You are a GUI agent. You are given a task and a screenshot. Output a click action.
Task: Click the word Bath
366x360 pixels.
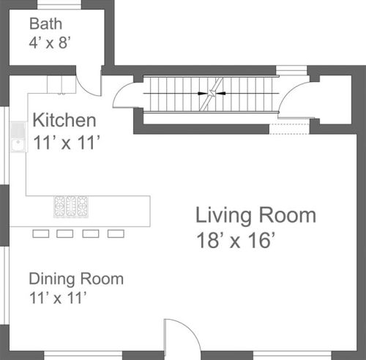pyautogui.click(x=45, y=24)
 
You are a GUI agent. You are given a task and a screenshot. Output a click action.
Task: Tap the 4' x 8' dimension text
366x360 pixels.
pyautogui.click(x=50, y=42)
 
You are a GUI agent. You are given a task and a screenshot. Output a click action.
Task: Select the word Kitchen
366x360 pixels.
pyautogui.click(x=64, y=120)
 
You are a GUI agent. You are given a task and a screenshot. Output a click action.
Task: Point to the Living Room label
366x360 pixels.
pyautogui.click(x=255, y=216)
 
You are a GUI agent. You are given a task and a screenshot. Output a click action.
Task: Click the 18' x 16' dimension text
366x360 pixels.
pyautogui.click(x=236, y=241)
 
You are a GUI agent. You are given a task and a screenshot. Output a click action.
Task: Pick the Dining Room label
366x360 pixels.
pyautogui.click(x=76, y=279)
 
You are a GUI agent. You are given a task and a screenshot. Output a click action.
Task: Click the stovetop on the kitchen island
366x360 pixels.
pyautogui.click(x=71, y=206)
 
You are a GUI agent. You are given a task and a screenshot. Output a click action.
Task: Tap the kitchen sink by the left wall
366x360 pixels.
pyautogui.click(x=18, y=137)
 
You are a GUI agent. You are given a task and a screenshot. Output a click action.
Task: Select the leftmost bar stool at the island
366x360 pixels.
pyautogui.click(x=41, y=233)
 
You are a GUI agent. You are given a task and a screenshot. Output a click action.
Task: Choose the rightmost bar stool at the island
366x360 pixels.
pyautogui.click(x=116, y=233)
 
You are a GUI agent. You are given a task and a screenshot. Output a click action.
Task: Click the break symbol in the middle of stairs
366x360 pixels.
pyautogui.click(x=212, y=94)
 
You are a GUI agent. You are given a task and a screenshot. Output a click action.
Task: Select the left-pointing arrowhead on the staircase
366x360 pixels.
pyautogui.click(x=221, y=93)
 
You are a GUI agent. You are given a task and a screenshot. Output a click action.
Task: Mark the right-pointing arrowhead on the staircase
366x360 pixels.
pyautogui.click(x=203, y=93)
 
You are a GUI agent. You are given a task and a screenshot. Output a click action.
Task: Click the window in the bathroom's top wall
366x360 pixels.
pyautogui.click(x=59, y=5)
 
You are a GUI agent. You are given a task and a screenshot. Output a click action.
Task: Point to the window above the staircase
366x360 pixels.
pyautogui.click(x=291, y=70)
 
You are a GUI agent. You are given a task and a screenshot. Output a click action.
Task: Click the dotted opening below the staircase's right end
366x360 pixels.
pyautogui.click(x=289, y=129)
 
